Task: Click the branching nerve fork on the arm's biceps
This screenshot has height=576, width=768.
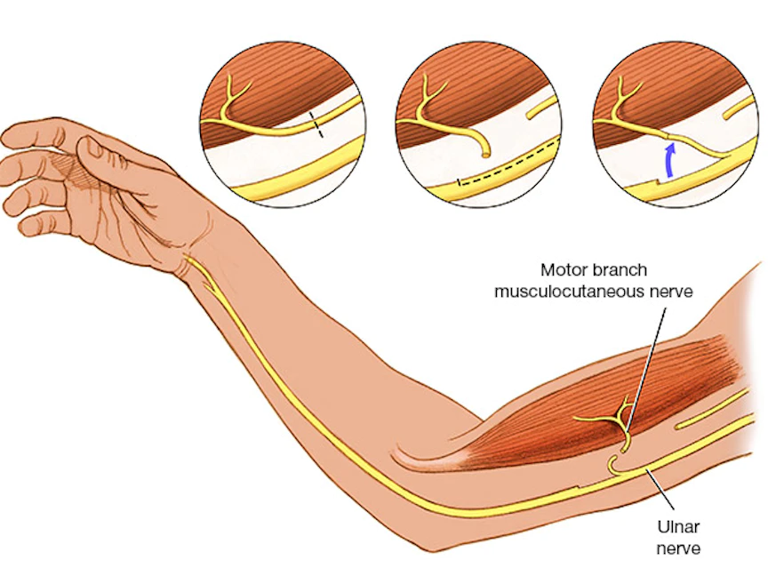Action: pos(620,412)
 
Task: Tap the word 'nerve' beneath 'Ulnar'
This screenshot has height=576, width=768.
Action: pos(677,548)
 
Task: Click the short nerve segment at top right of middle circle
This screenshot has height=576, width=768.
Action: pos(541,110)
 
